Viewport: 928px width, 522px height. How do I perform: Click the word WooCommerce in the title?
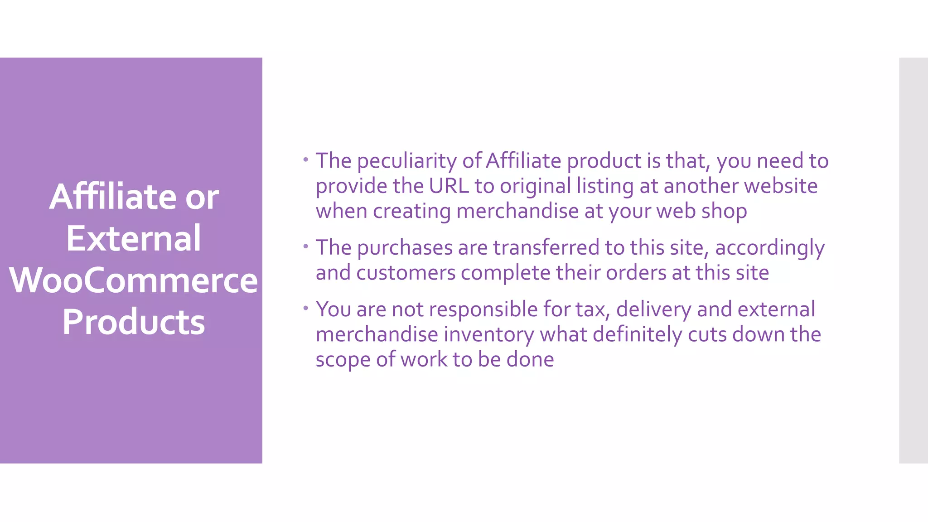tap(133, 280)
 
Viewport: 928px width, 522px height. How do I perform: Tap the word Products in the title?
tap(133, 322)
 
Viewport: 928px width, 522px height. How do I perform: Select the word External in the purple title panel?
tap(133, 238)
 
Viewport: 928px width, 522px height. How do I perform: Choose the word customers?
tap(406, 273)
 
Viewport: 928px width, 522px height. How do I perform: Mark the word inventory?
tap(488, 335)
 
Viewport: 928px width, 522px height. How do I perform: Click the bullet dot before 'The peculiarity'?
tap(306, 159)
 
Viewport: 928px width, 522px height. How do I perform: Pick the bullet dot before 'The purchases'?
tap(306, 246)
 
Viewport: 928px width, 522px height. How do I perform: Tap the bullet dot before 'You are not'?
tap(306, 308)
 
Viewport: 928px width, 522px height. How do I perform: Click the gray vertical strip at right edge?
tap(913, 260)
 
